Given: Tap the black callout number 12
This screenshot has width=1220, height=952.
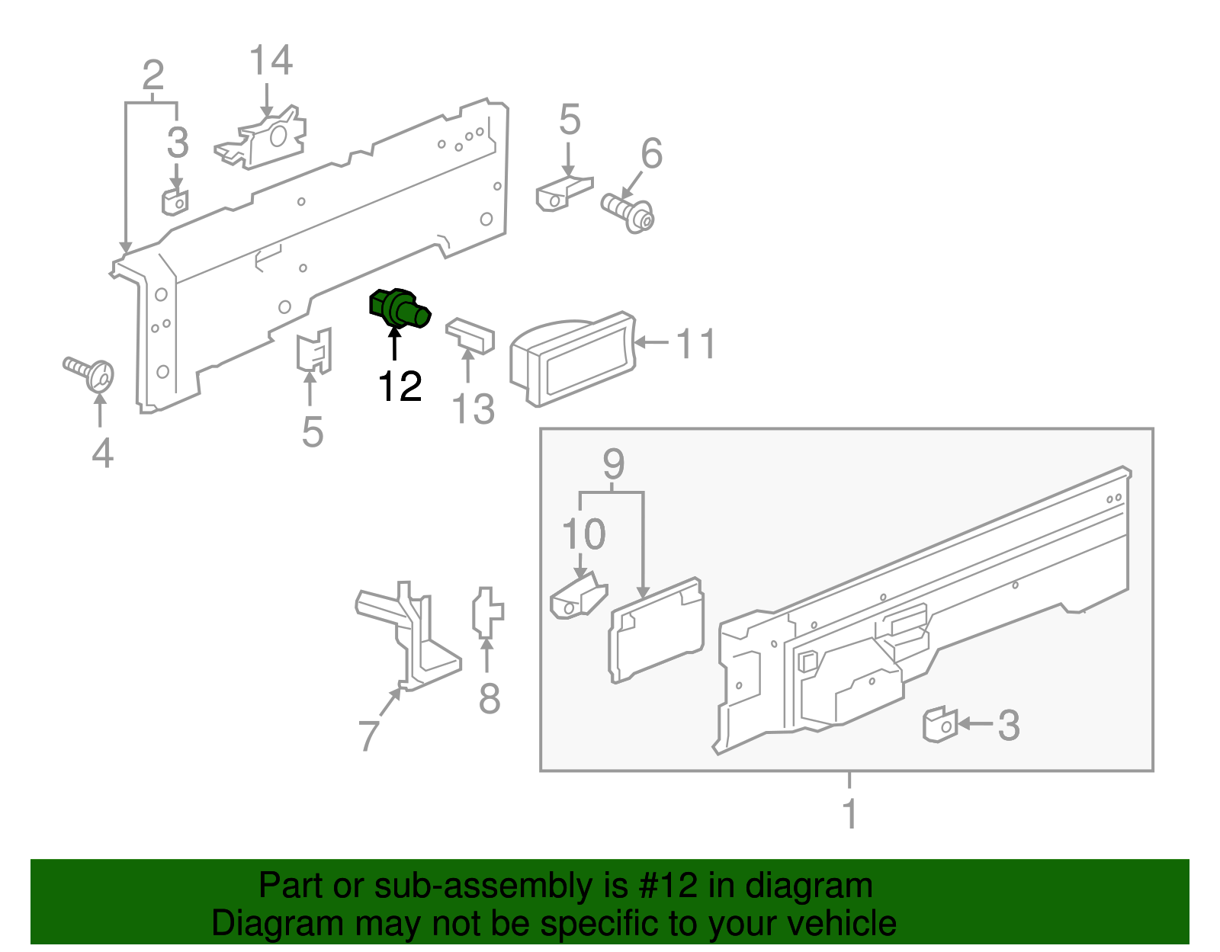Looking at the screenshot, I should (400, 386).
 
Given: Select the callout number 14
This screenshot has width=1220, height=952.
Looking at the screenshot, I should (271, 61).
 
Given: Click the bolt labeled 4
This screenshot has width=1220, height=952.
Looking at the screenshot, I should (89, 373).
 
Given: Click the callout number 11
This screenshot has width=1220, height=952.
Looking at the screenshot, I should (695, 345).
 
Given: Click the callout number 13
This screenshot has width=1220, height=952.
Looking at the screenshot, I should (474, 409).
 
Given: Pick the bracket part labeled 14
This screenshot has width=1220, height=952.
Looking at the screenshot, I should (262, 140).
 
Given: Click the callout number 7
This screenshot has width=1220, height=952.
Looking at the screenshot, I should (368, 735).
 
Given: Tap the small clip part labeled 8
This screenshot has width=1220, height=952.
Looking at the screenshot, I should (487, 612).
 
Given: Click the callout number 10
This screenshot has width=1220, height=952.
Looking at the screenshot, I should (583, 534).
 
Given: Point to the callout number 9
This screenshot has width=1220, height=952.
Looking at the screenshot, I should (613, 464).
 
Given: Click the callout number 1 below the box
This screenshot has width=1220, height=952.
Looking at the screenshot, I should (849, 814).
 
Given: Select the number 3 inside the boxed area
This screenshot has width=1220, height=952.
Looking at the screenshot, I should (1008, 725).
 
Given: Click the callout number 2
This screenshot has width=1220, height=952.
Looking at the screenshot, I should (152, 76).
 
